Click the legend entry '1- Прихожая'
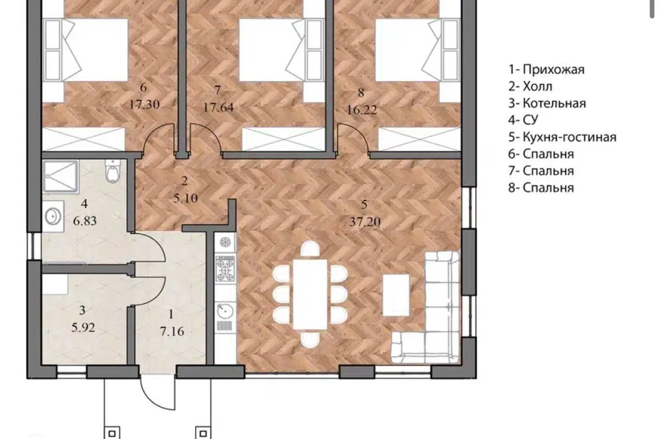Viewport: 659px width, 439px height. click(x=546, y=69)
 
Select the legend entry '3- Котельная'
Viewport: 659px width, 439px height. click(x=547, y=104)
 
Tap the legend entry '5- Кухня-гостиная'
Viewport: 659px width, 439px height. click(x=562, y=137)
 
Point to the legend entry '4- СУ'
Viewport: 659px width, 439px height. click(x=523, y=120)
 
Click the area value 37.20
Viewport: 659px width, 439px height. click(x=365, y=222)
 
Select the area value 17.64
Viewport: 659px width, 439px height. click(x=218, y=108)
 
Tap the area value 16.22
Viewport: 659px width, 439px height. click(x=362, y=110)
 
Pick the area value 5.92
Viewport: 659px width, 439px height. click(x=83, y=327)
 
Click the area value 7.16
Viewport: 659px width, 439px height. click(x=172, y=331)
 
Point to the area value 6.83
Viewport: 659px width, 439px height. click(x=85, y=221)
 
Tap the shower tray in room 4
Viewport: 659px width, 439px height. click(x=61, y=177)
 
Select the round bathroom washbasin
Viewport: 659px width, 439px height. click(x=54, y=217)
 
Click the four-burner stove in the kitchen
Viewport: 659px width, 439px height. click(x=225, y=268)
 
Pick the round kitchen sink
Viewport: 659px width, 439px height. click(x=225, y=311)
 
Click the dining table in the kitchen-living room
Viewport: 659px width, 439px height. click(x=310, y=294)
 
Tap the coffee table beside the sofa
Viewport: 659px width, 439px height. click(x=396, y=295)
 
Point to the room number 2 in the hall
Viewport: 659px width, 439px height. click(x=184, y=181)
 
